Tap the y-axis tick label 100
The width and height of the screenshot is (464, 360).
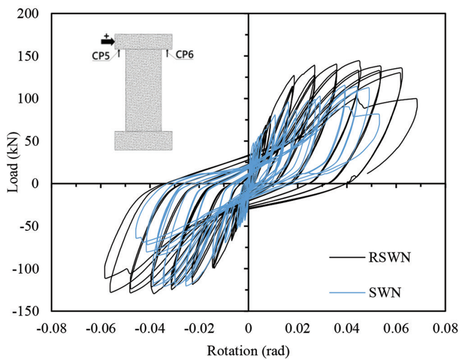(34, 98)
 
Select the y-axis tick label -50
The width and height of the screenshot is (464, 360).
(34, 226)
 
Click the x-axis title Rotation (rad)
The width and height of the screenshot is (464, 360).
(248, 350)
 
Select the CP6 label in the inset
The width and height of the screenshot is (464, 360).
(184, 53)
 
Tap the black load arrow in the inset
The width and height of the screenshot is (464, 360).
(106, 41)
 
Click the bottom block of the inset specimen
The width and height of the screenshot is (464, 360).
(143, 140)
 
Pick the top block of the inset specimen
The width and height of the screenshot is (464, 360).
(143, 41)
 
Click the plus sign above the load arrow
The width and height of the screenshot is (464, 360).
(106, 35)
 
